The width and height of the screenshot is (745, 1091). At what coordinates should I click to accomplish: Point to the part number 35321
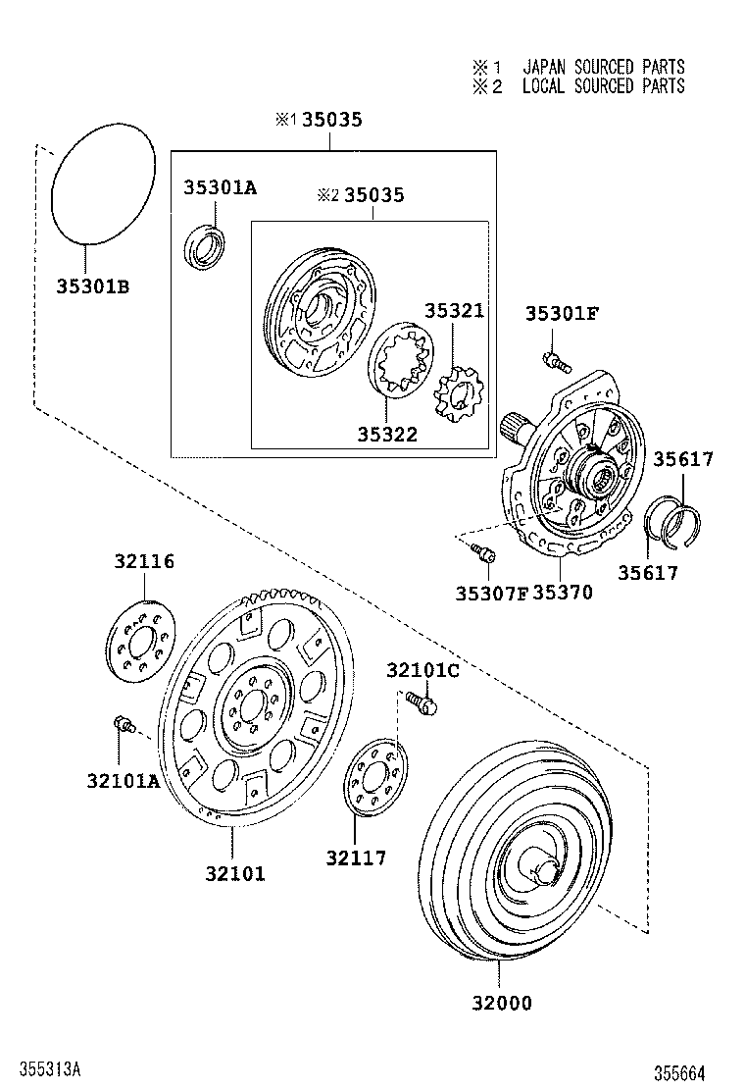[454, 311]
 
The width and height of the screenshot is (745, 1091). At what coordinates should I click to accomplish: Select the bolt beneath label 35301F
[555, 362]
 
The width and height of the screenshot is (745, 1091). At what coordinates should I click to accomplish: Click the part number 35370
[562, 593]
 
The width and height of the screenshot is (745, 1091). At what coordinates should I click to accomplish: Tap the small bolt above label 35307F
[481, 552]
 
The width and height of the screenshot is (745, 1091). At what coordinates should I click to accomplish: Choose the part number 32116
[143, 562]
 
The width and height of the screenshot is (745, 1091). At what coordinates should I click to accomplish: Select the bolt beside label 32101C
[422, 703]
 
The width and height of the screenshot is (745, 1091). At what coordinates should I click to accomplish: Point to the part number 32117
[356, 858]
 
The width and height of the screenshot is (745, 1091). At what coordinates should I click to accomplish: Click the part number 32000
[500, 1003]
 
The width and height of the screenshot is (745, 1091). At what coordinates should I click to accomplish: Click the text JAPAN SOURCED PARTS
[603, 67]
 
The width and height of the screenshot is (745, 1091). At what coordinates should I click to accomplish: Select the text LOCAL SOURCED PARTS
[603, 86]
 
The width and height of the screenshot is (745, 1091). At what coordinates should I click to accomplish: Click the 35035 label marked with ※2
[372, 195]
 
